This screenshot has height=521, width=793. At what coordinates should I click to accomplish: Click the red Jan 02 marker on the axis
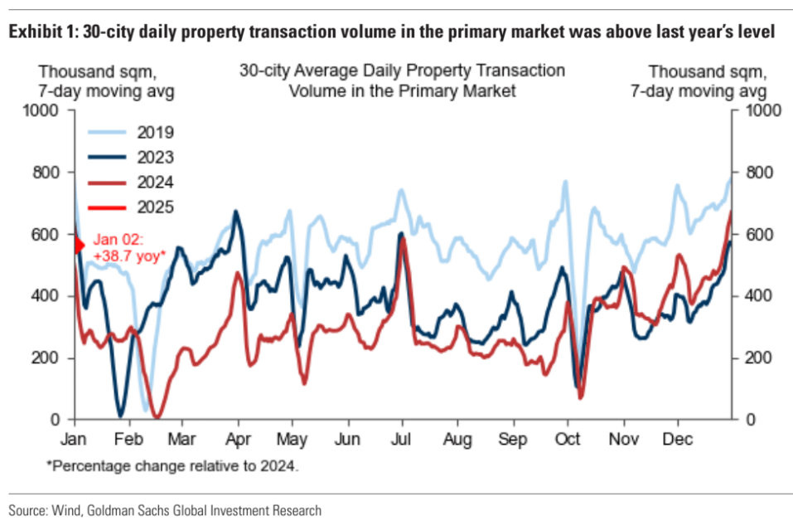[x=80, y=246]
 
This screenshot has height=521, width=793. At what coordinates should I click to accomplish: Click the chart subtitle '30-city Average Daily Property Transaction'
[x=402, y=71]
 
